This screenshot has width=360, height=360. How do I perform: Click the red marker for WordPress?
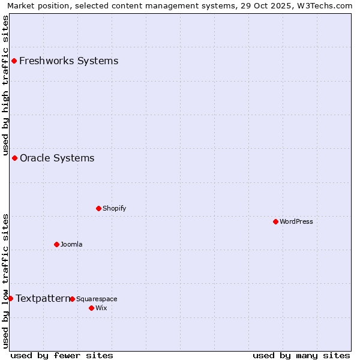point(275,221)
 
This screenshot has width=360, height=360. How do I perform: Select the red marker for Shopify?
point(98,208)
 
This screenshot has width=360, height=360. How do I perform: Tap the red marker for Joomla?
point(56,244)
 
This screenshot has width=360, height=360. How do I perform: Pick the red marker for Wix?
point(91,308)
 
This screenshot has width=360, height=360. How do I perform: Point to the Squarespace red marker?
point(72,299)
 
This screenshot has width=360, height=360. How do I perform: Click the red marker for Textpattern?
point(10,298)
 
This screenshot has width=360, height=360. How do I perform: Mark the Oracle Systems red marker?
point(14,158)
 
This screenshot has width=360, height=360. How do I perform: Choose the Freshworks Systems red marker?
point(14,61)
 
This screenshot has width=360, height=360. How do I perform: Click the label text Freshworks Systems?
point(68,61)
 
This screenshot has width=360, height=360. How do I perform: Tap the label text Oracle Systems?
point(57,158)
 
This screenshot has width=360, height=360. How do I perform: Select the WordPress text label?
point(296,221)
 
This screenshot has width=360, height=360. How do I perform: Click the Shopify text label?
point(114,208)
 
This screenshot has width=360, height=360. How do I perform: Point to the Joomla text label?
point(71,244)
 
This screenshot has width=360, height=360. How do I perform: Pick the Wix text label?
point(101,308)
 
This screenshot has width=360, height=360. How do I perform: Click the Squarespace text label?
point(97,299)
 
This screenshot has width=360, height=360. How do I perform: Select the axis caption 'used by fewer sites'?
point(62,355)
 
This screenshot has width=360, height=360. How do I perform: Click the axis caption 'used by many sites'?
point(301,355)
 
